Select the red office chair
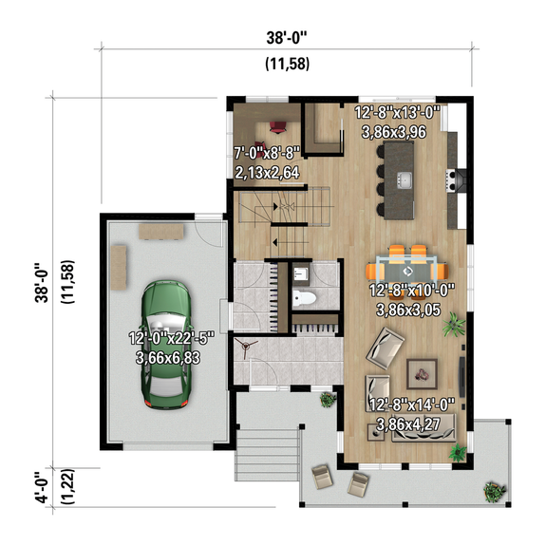tap(278, 126)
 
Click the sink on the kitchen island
tap(405, 179)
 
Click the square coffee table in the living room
tap(418, 371)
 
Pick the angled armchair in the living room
tap(387, 348)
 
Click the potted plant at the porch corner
tap(493, 492)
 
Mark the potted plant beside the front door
tap(329, 400)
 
